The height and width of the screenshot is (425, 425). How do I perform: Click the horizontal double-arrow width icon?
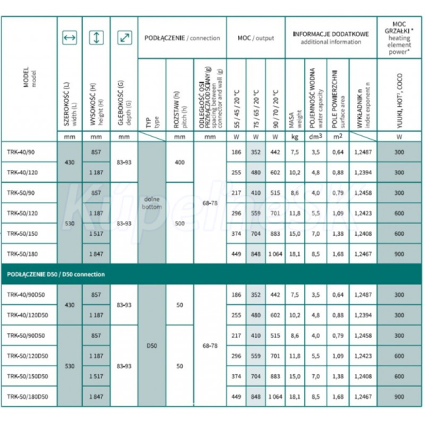[x=69, y=37]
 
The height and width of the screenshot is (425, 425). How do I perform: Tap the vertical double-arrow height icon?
[x=96, y=37]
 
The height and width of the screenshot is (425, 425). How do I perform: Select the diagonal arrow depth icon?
[x=123, y=37]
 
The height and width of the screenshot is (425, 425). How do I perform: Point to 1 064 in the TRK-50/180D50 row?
[x=275, y=397]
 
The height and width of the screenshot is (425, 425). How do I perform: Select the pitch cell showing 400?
[x=179, y=161]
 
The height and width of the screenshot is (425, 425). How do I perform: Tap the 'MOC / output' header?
[x=255, y=37]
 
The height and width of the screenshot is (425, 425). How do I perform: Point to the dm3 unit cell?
[x=317, y=137]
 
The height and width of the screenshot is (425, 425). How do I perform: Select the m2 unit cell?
[x=339, y=137]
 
